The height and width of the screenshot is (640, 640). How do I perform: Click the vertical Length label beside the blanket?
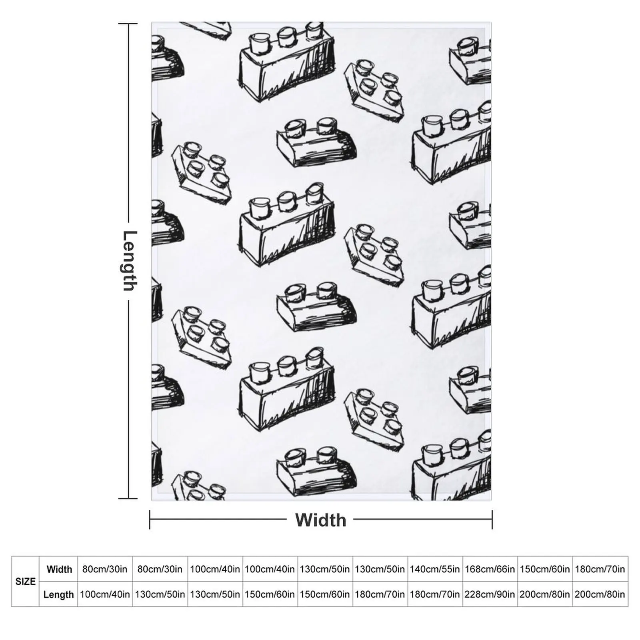coord(129,260)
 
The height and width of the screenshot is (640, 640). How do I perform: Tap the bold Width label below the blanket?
coord(320,520)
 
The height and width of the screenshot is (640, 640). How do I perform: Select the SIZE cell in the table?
coord(25,581)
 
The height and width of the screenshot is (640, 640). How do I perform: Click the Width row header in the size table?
coord(59,569)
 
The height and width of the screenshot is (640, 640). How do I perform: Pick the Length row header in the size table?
coord(58,594)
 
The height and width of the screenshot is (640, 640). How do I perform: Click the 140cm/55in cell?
coord(435,569)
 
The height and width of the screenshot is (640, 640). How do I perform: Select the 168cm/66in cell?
coord(490,569)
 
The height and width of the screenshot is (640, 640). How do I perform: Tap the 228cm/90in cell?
coord(490,594)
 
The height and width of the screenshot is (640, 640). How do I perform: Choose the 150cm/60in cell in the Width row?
coord(545,569)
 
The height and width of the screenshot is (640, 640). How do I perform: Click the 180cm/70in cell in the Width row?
coord(600,569)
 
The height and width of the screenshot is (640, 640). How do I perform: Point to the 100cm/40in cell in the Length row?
coord(105,594)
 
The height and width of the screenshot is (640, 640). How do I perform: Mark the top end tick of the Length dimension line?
coord(128,24)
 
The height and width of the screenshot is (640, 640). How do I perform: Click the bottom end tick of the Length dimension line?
coord(128,498)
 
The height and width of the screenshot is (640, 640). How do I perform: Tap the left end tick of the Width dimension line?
coord(150,520)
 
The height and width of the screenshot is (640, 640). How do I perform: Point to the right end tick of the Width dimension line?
coord(492,520)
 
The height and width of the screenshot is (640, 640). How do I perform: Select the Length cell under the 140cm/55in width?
coord(435,594)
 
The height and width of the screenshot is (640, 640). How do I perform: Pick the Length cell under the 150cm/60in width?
coord(545,594)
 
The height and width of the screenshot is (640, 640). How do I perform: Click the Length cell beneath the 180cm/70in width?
coord(600,594)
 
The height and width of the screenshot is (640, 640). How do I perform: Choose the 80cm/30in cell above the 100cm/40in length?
coord(105,569)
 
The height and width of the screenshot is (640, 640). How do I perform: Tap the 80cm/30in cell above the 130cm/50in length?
coord(160,569)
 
